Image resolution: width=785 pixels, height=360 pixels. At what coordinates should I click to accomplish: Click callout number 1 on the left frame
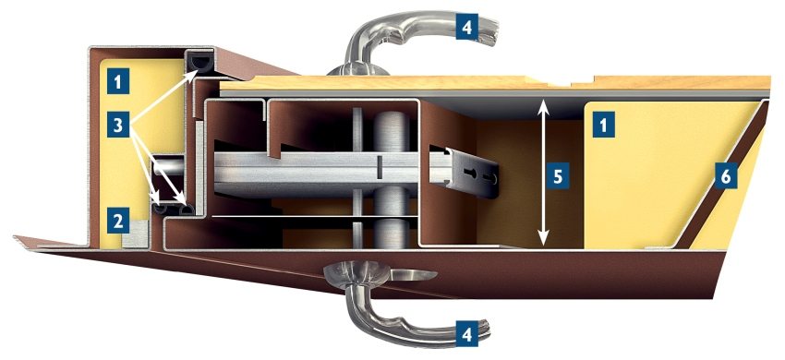coord(117,81)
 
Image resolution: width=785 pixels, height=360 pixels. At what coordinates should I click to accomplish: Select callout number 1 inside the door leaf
coord(604,126)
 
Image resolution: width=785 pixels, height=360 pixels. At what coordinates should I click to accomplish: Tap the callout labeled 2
coord(117,221)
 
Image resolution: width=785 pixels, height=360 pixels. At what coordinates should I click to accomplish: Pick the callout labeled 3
coord(117,126)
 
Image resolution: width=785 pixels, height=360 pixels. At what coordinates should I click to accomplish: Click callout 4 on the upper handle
coord(466,27)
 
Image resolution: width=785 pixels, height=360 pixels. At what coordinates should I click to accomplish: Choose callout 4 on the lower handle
coord(466,334)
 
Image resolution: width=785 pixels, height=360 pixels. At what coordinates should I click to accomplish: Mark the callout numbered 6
coord(726,176)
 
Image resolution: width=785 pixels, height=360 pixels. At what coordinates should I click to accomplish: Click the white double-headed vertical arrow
coord(543,174)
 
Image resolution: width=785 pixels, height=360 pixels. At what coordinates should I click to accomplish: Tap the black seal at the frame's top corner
coord(203,62)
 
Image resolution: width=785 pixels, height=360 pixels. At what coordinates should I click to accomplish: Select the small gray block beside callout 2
coord(135,234)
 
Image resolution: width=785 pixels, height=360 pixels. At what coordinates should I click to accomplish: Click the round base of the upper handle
coord(357,70)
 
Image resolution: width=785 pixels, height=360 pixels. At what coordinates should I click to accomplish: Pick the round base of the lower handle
coord(350,274)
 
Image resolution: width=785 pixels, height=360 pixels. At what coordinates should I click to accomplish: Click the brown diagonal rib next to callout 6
coord(720,175)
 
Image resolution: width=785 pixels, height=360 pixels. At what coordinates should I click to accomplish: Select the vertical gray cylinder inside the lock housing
coord(391,179)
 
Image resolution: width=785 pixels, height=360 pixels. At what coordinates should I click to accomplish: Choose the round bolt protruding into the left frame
coord(169,167)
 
